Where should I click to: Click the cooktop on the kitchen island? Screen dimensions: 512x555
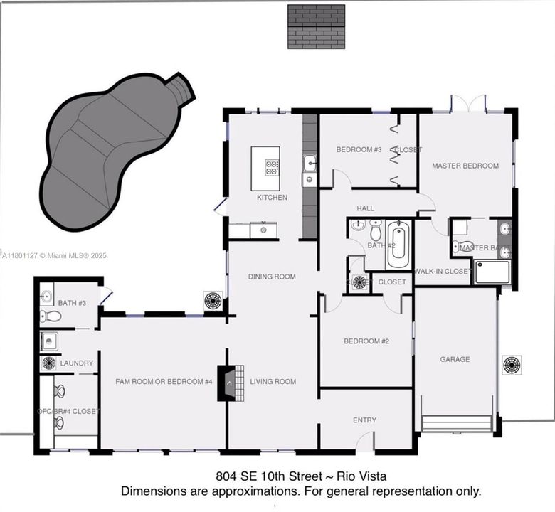coord(272,168)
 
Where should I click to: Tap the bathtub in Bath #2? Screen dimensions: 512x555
coord(398,245)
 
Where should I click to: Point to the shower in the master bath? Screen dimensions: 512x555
coord(492,272)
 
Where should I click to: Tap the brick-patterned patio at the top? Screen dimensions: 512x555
coord(316,26)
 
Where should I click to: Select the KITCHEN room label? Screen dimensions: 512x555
coord(272,197)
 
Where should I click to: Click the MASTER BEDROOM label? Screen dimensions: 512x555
coord(465,166)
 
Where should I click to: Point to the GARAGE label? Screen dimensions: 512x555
coord(455,359)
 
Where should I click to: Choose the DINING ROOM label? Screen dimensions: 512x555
coord(272,277)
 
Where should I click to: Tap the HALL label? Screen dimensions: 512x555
coord(366,208)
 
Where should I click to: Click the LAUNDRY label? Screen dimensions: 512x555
coord(76,363)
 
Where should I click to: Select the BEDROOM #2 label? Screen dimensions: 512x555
coord(366,341)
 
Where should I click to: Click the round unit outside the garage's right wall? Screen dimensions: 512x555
coord(512,365)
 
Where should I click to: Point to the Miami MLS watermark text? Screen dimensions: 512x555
coord(53,255)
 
